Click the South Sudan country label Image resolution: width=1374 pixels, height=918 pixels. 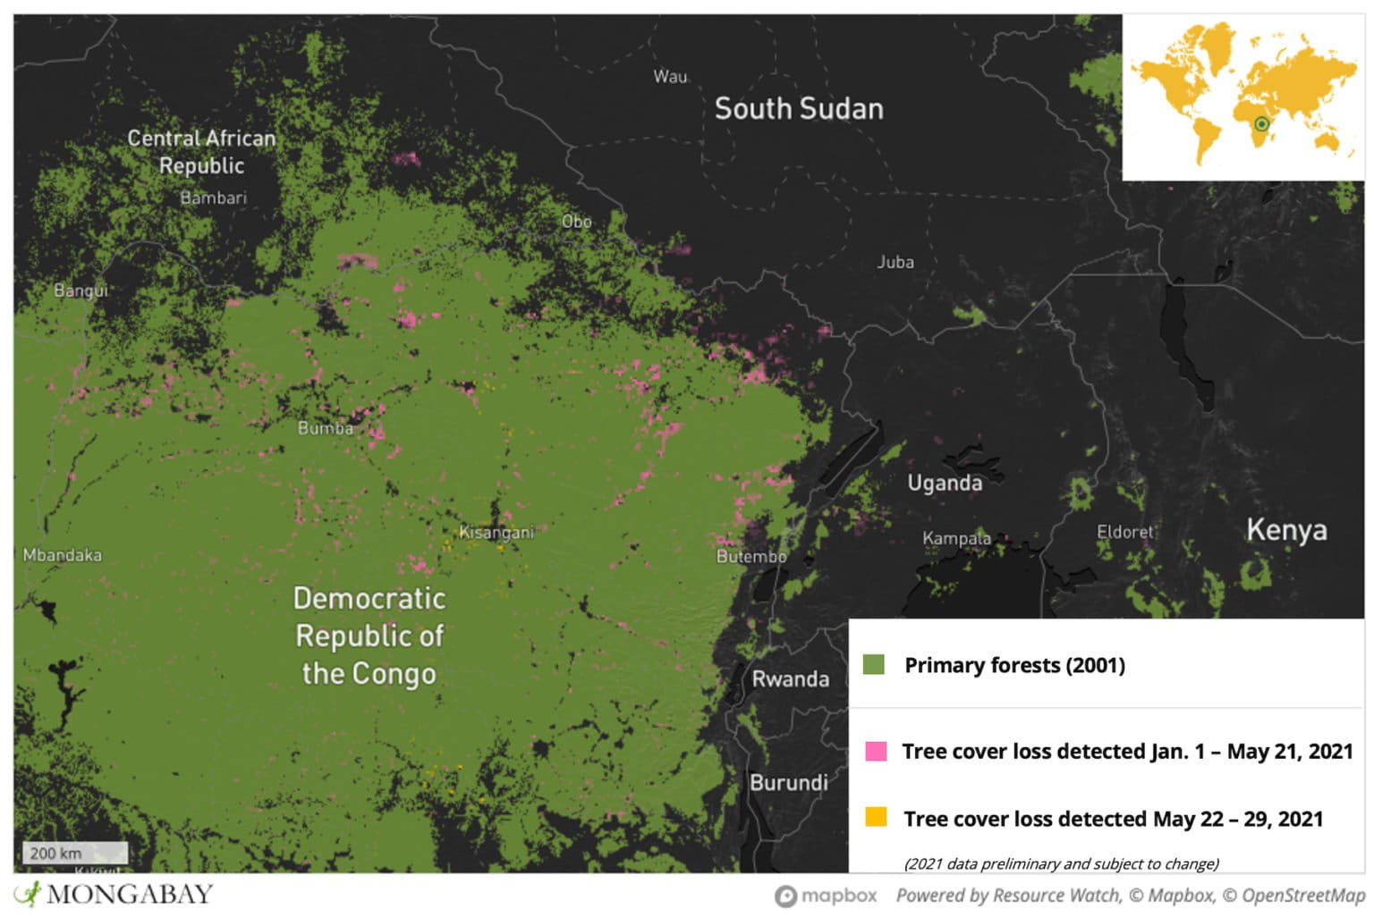point(798,109)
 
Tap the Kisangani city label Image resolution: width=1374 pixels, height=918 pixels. point(496,533)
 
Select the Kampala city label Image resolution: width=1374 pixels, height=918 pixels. point(956,538)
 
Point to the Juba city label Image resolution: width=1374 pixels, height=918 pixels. point(895,262)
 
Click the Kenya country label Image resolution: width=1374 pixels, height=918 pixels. point(1286,529)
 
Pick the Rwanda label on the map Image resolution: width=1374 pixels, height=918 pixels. point(790,678)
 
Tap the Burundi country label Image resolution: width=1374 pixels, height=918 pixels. point(788,782)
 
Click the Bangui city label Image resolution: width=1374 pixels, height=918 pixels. point(81,291)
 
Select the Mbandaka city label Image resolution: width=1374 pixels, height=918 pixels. point(62,555)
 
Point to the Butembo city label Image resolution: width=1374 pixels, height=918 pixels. point(751,556)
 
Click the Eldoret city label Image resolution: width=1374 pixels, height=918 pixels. point(1124,532)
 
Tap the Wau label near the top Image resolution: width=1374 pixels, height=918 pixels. point(670,77)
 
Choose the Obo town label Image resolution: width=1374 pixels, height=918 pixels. point(576,221)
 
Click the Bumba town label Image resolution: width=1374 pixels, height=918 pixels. point(325,428)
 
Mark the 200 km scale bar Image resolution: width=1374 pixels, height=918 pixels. point(73,853)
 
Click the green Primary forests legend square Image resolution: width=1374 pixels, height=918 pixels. point(873,664)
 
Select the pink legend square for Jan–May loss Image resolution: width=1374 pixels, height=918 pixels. point(876,751)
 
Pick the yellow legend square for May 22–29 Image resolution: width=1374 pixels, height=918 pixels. point(876,817)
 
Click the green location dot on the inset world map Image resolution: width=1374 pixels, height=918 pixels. point(1261,123)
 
